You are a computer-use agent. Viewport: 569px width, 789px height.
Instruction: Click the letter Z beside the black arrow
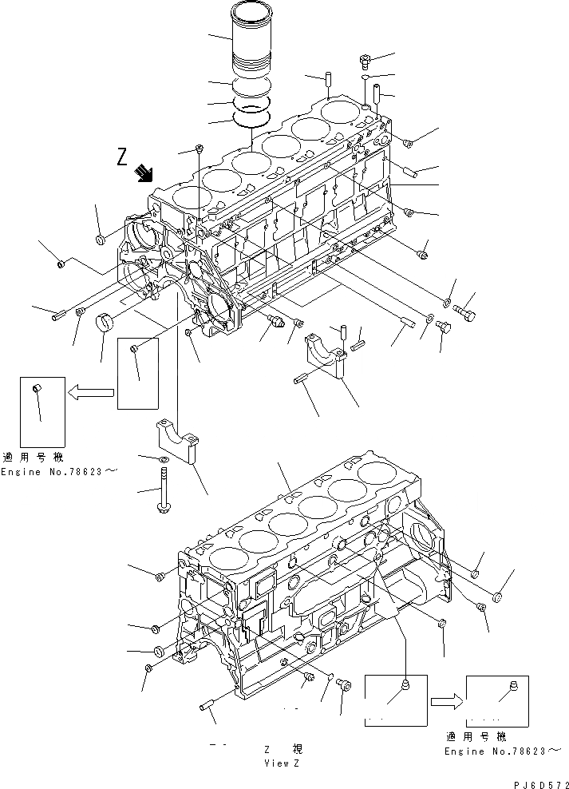tap(122, 157)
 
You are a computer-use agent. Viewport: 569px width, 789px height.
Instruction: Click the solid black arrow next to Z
tap(144, 172)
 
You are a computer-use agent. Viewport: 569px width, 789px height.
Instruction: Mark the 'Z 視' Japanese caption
tap(283, 750)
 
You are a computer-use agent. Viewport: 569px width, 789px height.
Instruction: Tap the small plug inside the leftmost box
tap(35, 388)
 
